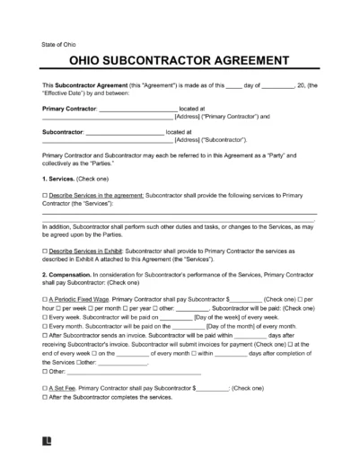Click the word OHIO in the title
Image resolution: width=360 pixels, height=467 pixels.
[x=65, y=63]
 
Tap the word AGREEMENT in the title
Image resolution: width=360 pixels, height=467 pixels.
[x=245, y=63]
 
